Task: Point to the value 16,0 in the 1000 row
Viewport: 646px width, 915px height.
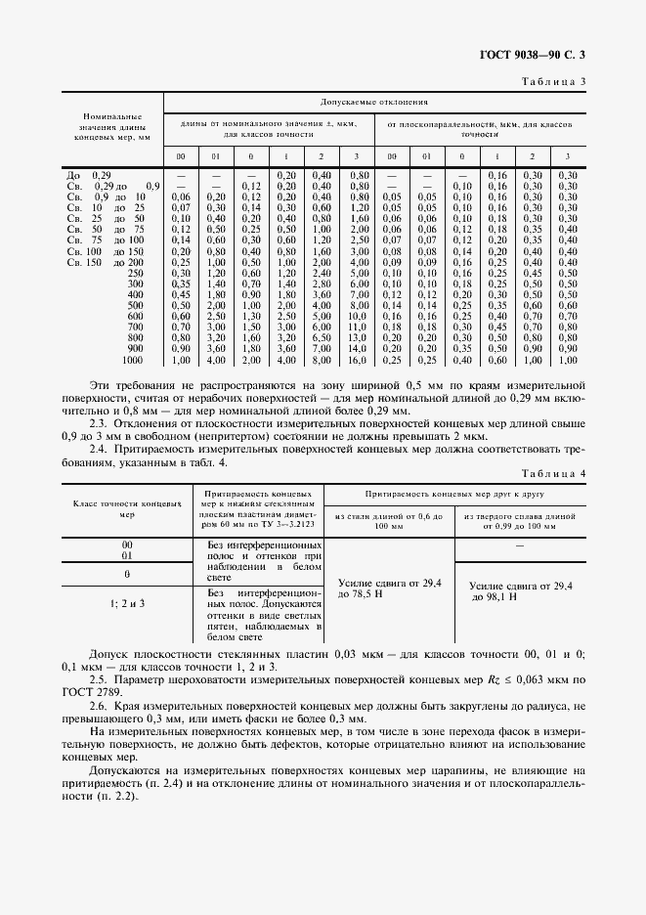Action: tap(357, 361)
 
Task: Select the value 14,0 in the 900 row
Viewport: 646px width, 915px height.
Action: tap(357, 349)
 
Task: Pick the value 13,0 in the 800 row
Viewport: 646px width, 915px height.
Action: tap(357, 337)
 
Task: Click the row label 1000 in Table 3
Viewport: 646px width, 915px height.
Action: tap(132, 361)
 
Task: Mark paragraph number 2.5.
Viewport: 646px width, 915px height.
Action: tap(101, 677)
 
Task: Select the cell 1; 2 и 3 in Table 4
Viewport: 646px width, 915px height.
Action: tap(127, 604)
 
